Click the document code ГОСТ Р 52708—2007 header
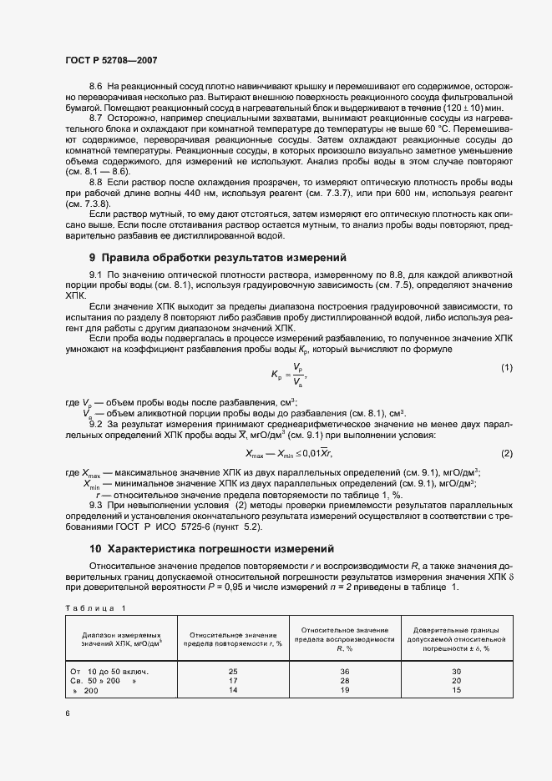pyautogui.click(x=111, y=61)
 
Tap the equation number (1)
pyautogui.click(x=506, y=345)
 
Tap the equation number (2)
pyautogui.click(x=506, y=453)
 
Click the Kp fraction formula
pyautogui.click(x=285, y=350)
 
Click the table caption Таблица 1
pyautogui.click(x=94, y=607)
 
